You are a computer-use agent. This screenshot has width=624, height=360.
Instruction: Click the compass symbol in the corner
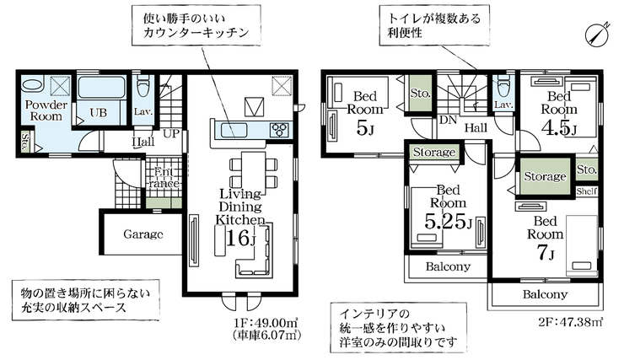[x=597, y=32]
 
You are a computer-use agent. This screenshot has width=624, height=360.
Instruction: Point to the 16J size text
[x=241, y=237]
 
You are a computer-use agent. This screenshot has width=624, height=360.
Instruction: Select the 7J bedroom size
[x=544, y=252]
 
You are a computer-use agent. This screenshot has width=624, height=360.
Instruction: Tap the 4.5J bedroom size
[x=558, y=128]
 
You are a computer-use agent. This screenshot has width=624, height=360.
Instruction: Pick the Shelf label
[x=588, y=191]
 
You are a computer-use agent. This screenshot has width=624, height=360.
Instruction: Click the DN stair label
[x=448, y=120]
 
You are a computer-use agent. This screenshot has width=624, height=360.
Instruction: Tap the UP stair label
[x=171, y=133]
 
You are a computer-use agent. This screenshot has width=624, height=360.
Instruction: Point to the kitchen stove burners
[x=279, y=129]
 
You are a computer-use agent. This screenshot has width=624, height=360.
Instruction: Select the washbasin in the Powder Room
[x=33, y=84]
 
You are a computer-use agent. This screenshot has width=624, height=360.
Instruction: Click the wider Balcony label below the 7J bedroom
[x=544, y=294]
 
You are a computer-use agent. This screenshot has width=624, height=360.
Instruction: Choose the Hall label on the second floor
[x=476, y=127]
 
